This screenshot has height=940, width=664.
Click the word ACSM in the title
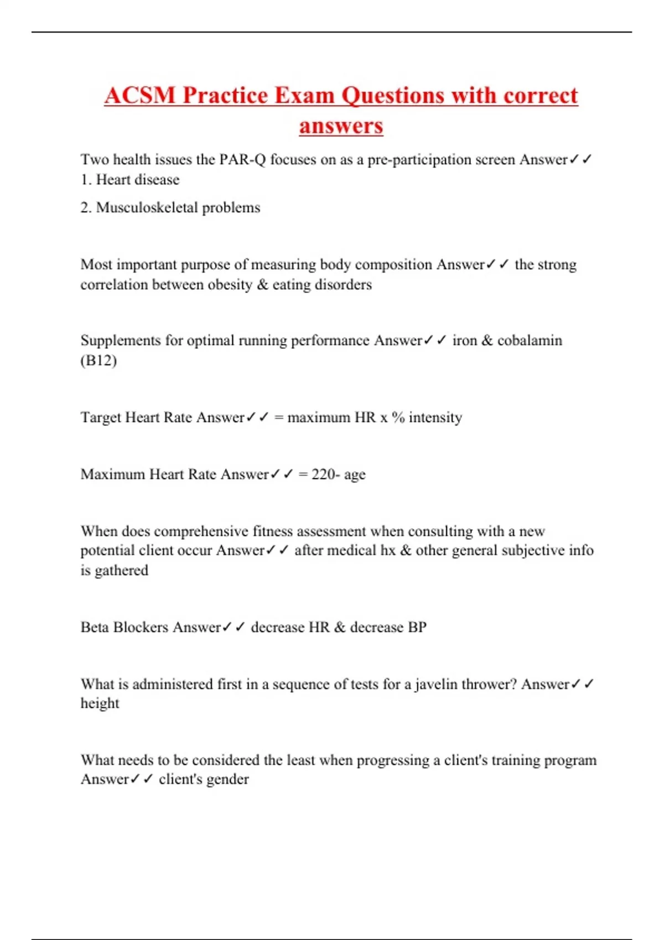(139, 95)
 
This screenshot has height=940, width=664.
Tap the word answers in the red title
(341, 126)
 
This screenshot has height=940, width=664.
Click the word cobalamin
(530, 341)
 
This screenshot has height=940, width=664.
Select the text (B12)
(98, 361)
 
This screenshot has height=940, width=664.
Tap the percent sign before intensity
(398, 417)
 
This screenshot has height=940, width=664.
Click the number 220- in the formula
(325, 474)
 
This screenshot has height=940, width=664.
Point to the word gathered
(121, 571)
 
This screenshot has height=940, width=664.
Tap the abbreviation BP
(417, 628)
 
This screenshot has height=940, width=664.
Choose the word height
(100, 703)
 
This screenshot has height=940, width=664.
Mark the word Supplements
(121, 341)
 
